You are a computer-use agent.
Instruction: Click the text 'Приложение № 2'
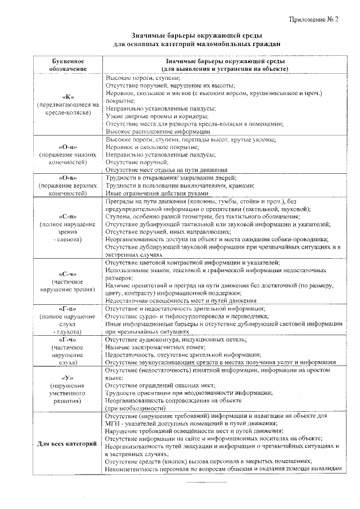tap(313, 20)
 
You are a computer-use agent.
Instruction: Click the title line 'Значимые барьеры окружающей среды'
tap(193, 34)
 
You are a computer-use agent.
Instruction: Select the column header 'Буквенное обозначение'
tap(67, 64)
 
